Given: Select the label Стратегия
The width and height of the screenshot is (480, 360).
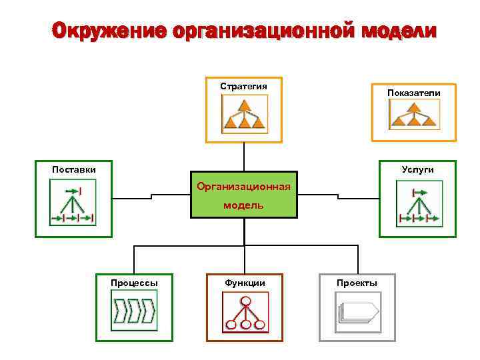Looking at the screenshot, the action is (244, 86).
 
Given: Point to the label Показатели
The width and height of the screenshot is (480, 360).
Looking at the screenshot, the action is (414, 93).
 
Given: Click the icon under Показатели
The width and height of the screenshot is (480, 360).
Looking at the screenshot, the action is (413, 118).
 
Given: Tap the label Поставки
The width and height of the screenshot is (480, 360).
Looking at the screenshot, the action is (74, 169).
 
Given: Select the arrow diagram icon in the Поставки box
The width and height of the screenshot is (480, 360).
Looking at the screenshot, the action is (73, 205).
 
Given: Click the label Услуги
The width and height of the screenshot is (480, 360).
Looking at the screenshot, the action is (418, 169).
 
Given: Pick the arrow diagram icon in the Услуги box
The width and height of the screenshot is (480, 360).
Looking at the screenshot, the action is (418, 205).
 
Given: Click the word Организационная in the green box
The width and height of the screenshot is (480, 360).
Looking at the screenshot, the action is (244, 186).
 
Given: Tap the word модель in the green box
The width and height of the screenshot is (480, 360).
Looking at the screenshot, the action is (243, 205).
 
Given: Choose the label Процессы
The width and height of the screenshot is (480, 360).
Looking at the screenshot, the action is (135, 283).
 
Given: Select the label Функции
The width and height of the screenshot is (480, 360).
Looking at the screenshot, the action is (245, 283).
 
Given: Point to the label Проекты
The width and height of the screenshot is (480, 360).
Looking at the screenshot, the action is (357, 283).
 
